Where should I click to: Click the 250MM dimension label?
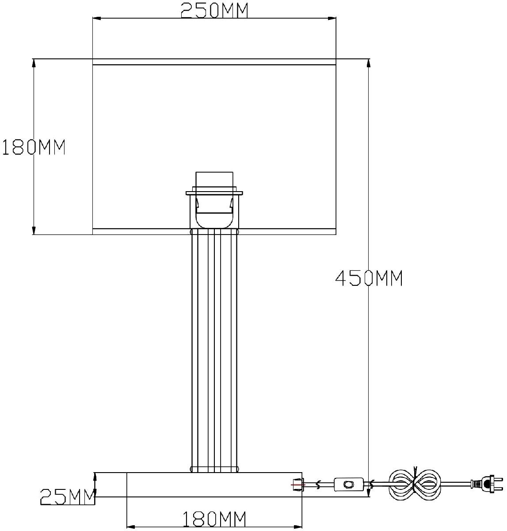[214, 11]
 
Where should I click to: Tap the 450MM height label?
[369, 278]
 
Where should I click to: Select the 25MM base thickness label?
[68, 497]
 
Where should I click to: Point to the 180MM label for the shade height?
[34, 147]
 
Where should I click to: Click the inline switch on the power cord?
[349, 485]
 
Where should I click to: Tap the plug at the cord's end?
[488, 485]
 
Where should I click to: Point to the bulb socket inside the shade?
[214, 200]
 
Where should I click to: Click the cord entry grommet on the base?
[297, 485]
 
